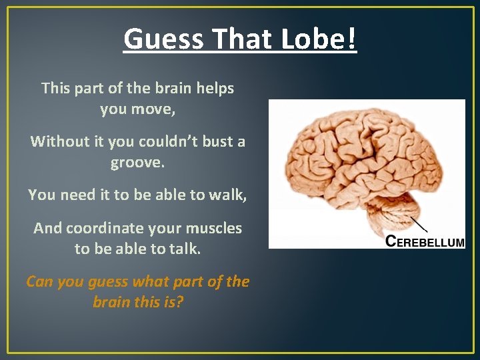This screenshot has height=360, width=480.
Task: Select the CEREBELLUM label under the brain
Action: [x=425, y=242]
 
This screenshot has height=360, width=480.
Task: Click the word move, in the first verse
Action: [x=155, y=109]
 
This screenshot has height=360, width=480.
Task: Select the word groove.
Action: [x=137, y=162]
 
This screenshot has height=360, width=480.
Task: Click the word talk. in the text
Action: [x=186, y=249]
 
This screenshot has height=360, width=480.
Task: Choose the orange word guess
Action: [x=111, y=282]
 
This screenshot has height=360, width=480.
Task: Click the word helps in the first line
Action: [x=215, y=88]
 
